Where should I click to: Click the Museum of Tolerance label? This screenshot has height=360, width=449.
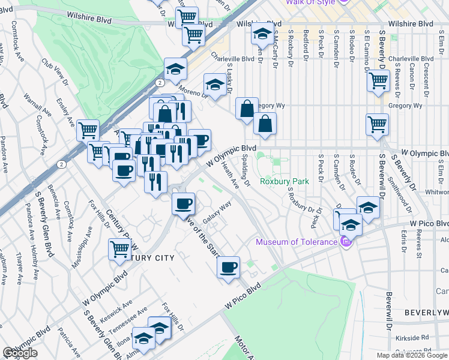click(x=297, y=242)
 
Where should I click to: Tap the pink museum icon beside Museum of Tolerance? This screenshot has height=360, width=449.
click(x=345, y=242)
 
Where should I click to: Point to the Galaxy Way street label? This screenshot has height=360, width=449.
click(x=217, y=213)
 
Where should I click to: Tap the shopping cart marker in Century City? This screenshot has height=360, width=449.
click(x=120, y=248)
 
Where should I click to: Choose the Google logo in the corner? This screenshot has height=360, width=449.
click(x=20, y=353)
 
